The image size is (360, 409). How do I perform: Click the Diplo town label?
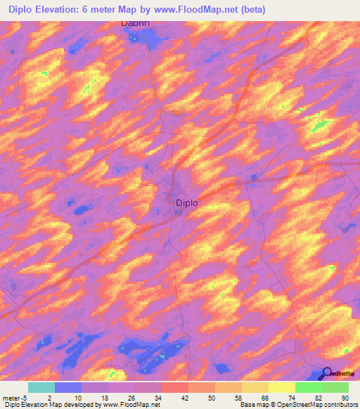pos(186,202)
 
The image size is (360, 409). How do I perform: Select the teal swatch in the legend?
pos(41,387)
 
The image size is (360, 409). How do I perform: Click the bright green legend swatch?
pos(309,387)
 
